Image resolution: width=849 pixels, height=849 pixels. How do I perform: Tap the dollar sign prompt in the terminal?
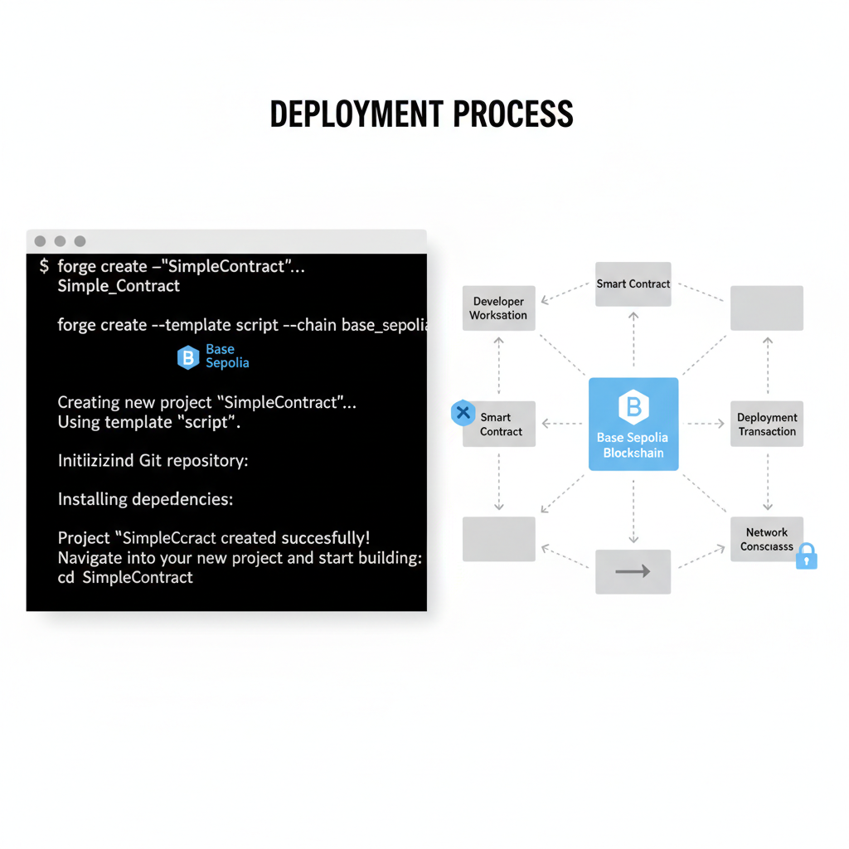tap(44, 266)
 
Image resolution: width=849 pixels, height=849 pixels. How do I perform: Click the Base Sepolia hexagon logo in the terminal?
tap(188, 357)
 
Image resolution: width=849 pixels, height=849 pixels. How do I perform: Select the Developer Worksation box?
tap(498, 308)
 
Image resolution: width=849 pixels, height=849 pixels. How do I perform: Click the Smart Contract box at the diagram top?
tap(633, 284)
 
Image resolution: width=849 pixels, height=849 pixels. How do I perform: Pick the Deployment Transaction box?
tap(767, 424)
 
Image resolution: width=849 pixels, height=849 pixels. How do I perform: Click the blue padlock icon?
tap(806, 556)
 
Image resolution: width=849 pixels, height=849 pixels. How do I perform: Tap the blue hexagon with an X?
tap(463, 412)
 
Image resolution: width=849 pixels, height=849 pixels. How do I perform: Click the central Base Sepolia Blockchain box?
tap(633, 424)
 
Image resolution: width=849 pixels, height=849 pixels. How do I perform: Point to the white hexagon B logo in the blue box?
tap(633, 406)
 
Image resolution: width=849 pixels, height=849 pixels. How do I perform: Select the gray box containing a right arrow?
tap(633, 571)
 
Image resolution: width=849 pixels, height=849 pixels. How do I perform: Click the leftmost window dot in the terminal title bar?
tap(40, 241)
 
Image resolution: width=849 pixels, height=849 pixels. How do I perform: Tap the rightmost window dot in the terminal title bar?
tap(80, 241)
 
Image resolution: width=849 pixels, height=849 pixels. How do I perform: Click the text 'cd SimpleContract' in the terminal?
tap(125, 577)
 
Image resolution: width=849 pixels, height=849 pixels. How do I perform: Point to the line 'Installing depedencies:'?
tap(145, 499)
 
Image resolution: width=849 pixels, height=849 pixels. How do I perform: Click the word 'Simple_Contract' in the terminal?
tap(119, 286)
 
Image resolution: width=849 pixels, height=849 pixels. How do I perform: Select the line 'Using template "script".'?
tap(148, 422)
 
